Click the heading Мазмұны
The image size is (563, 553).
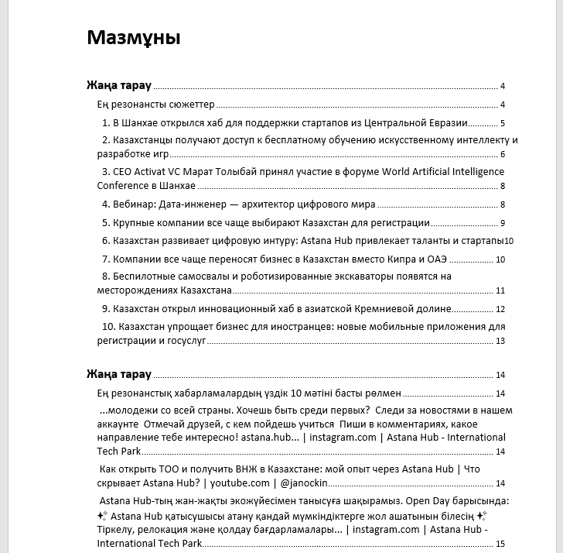[133, 38]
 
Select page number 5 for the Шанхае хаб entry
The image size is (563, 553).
[503, 123]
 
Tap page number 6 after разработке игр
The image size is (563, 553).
[502, 154]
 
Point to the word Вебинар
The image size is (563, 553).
[135, 204]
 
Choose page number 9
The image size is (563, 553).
[502, 223]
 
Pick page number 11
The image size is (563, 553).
[500, 291]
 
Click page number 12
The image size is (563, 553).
[500, 309]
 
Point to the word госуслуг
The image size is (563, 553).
[183, 340]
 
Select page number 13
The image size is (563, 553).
[500, 341]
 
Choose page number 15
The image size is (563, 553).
[500, 544]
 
